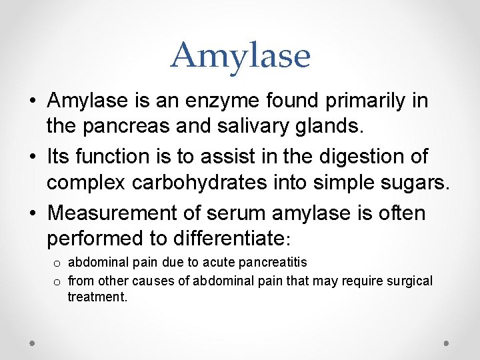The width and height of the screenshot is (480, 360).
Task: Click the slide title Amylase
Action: (x=240, y=55)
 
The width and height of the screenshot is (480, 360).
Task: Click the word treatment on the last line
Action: (x=97, y=297)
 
